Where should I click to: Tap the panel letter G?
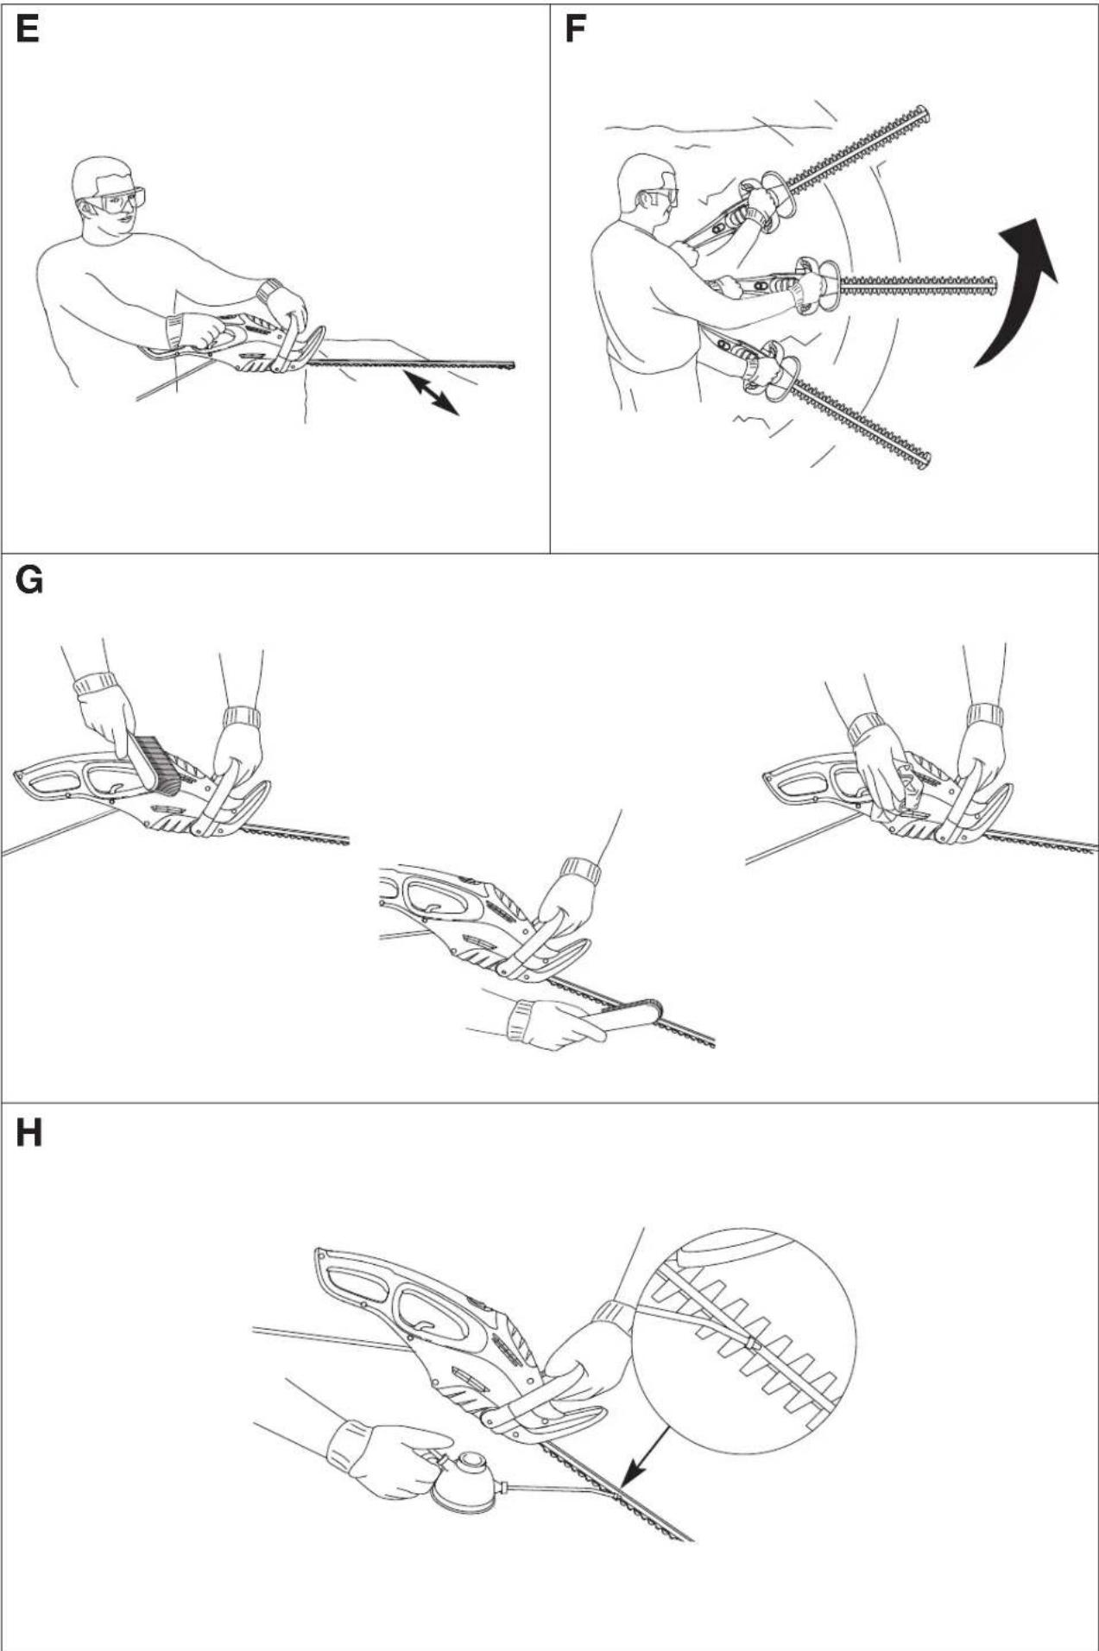pyautogui.click(x=29, y=580)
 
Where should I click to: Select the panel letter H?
pyautogui.click(x=28, y=1132)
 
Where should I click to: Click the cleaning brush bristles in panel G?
pyautogui.click(x=158, y=764)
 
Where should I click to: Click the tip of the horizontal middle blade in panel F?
pyautogui.click(x=996, y=282)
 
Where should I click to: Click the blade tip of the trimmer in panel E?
pyautogui.click(x=514, y=366)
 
